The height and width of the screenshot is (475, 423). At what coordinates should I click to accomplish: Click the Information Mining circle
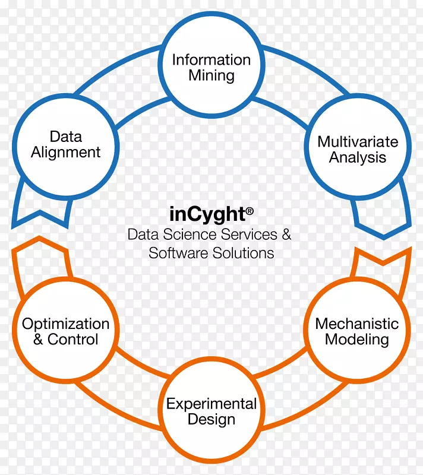tap(211, 68)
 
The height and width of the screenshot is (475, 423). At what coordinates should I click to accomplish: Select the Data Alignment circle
tap(65, 144)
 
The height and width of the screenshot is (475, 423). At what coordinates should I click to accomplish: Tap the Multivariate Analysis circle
tap(357, 150)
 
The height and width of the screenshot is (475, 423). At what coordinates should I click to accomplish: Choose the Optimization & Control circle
tap(65, 331)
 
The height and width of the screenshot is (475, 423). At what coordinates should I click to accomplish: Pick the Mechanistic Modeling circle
tap(356, 331)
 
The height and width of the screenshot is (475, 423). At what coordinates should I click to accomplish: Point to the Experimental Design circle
tap(211, 412)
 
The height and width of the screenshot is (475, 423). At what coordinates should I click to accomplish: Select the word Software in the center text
tap(175, 253)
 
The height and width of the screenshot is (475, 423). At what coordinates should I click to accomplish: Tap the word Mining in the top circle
tap(211, 76)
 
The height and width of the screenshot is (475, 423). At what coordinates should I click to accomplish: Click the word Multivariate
tap(357, 142)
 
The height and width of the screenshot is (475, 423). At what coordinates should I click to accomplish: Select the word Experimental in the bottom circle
tap(211, 404)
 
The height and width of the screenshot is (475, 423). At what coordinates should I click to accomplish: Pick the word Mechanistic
tap(356, 324)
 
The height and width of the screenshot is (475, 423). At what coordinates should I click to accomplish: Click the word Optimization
tap(65, 324)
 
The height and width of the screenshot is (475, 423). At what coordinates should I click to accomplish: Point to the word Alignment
tap(65, 153)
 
